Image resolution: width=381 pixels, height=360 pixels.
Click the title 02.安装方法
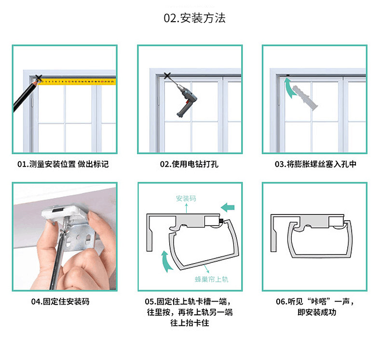pyautogui.click(x=195, y=19)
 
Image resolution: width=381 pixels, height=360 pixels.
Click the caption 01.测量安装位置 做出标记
pyautogui.click(x=63, y=164)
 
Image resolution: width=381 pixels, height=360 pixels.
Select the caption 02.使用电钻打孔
pyautogui.click(x=189, y=164)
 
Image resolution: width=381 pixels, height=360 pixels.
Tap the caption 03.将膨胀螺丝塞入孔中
pyautogui.click(x=315, y=164)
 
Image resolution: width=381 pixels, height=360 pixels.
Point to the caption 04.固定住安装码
pyautogui.click(x=60, y=302)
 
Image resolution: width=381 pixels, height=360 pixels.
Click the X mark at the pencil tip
pyautogui.click(x=39, y=78)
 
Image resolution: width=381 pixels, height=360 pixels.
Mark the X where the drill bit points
pyautogui.click(x=167, y=75)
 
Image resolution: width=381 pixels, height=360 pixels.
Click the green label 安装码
pyautogui.click(x=186, y=199)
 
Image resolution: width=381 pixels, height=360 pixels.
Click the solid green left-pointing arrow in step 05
pyautogui.click(x=228, y=207)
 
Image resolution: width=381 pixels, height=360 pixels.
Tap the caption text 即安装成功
pyautogui.click(x=316, y=312)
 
